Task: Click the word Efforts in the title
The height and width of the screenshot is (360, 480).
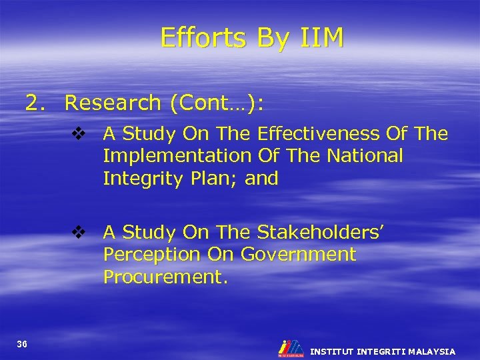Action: tap(198, 38)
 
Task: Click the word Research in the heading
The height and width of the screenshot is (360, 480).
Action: tap(113, 103)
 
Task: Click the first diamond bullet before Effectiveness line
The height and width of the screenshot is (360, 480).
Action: tap(79, 134)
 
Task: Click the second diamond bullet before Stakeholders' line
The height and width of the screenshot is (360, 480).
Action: tap(79, 233)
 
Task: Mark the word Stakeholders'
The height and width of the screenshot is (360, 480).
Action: tap(319, 233)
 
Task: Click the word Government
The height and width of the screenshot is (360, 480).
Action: tap(298, 255)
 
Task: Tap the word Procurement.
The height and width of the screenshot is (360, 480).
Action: tap(165, 277)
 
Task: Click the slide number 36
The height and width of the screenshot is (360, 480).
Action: tap(22, 344)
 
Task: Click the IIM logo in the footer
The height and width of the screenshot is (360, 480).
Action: tap(291, 349)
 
